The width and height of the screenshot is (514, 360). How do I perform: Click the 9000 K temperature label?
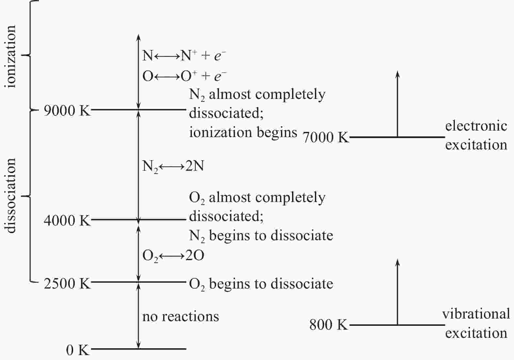(x=67, y=111)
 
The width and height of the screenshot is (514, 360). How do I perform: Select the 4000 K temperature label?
(x=67, y=221)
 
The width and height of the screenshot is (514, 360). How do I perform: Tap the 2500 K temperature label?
(x=67, y=283)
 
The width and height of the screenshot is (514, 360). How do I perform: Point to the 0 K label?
(x=78, y=350)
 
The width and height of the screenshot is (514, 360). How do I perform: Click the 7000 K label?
(x=326, y=137)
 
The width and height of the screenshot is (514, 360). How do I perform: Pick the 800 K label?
(x=328, y=325)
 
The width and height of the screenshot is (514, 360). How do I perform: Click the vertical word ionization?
(x=10, y=56)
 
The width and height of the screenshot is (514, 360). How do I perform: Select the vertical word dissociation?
(x=10, y=196)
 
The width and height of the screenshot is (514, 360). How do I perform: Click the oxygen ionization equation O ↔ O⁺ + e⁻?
(x=184, y=76)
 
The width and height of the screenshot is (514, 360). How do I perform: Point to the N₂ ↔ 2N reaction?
(x=173, y=166)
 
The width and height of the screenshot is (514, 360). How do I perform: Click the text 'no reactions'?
(x=180, y=317)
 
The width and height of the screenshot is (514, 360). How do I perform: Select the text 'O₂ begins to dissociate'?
(x=261, y=284)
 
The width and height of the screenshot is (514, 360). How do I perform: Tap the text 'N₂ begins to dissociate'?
(x=261, y=236)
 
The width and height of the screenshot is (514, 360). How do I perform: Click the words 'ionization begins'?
(x=243, y=133)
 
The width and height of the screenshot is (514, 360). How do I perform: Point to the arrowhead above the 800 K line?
(x=398, y=262)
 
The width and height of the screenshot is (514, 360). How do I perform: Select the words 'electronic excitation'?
(x=476, y=135)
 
